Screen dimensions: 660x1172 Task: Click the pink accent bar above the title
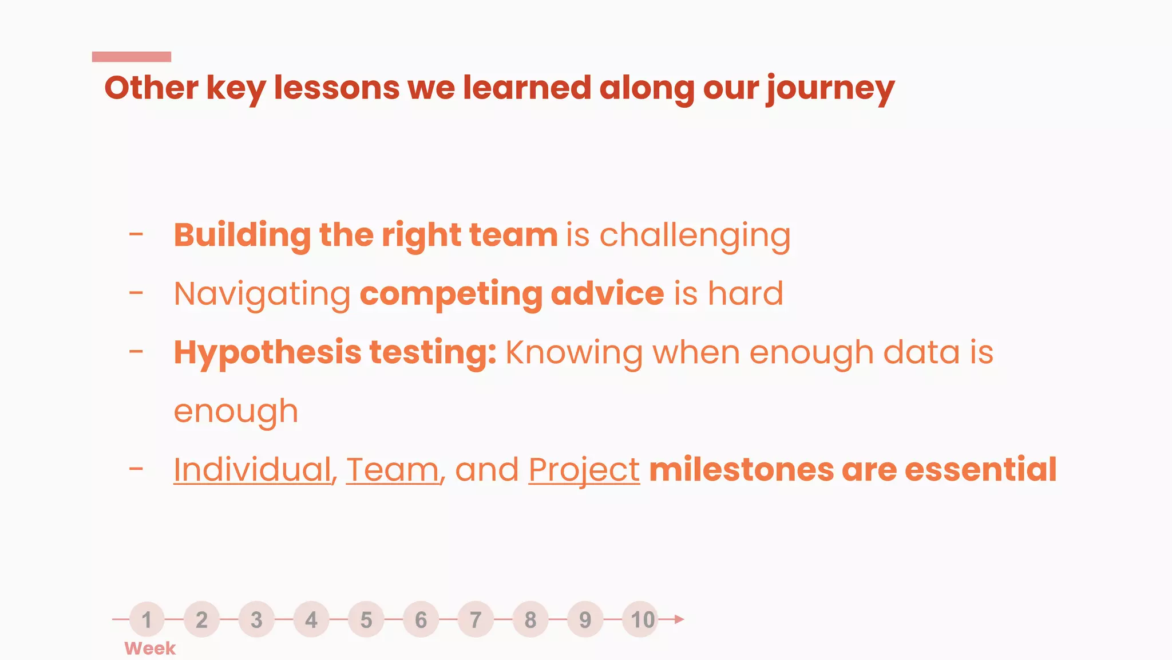(x=132, y=57)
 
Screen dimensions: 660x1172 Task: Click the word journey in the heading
(x=830, y=89)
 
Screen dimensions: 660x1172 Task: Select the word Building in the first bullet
(x=242, y=235)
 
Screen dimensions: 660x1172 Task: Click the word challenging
(x=695, y=235)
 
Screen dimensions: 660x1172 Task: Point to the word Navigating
(x=262, y=294)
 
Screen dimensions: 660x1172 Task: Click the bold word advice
(x=607, y=293)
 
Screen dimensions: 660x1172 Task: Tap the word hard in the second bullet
(x=745, y=293)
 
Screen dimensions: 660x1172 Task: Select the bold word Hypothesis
(x=267, y=353)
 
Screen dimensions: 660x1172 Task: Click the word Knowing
(x=573, y=353)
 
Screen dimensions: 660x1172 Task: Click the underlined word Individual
(x=252, y=470)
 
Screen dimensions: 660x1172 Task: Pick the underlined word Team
(x=393, y=470)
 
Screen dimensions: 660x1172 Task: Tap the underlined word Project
(x=584, y=470)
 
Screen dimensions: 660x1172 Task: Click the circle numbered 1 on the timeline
(x=147, y=619)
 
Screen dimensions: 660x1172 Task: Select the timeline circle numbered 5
(x=366, y=619)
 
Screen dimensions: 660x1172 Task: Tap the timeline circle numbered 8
(x=530, y=619)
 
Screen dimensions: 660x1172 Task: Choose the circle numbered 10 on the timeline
(x=641, y=619)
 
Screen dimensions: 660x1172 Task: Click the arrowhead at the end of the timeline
(x=679, y=619)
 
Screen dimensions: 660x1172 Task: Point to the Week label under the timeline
(x=150, y=649)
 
